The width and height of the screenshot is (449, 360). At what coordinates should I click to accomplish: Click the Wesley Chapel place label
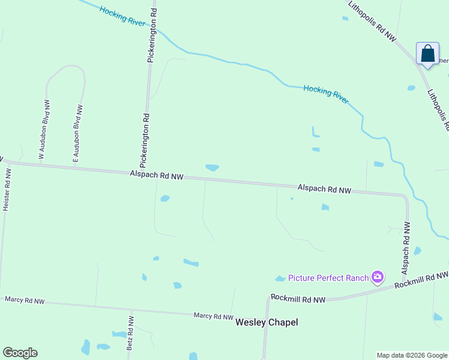[x=267, y=322]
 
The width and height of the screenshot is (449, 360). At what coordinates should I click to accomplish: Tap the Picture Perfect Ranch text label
[x=328, y=277]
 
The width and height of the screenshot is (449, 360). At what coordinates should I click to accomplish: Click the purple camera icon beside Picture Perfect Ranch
[x=378, y=277]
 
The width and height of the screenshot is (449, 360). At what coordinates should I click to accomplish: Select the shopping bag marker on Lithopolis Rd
[x=427, y=54]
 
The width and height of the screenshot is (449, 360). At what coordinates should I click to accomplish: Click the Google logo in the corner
[x=20, y=353]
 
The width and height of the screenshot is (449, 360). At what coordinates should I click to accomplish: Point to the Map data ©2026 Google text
[x=411, y=355]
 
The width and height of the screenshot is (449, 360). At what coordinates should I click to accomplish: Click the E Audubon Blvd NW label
[x=77, y=134]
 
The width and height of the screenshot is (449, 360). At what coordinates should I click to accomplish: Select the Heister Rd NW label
[x=6, y=189]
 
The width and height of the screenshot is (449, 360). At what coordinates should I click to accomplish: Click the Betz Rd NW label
[x=130, y=333]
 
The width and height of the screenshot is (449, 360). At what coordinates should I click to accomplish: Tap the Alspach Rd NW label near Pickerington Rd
[x=156, y=175]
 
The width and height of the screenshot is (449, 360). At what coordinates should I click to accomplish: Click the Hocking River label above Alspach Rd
[x=326, y=94]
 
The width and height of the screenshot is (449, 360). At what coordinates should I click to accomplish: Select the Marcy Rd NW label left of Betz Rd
[x=25, y=299]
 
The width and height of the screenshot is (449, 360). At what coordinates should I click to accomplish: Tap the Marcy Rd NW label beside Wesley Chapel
[x=213, y=316]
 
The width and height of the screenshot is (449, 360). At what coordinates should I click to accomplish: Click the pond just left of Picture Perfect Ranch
[x=280, y=278]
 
